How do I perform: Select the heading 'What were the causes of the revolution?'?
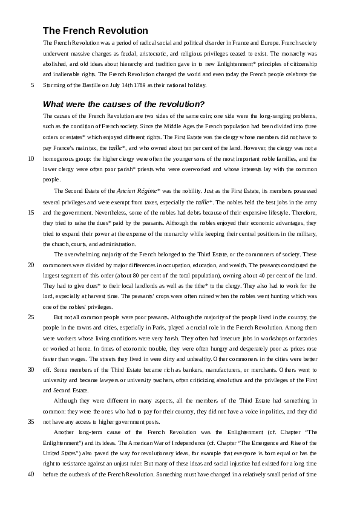(x=124, y=103)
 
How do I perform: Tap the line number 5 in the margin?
(x=32, y=85)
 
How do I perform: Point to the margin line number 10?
(x=31, y=159)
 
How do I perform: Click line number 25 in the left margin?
(x=31, y=317)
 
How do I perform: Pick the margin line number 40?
(x=31, y=475)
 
